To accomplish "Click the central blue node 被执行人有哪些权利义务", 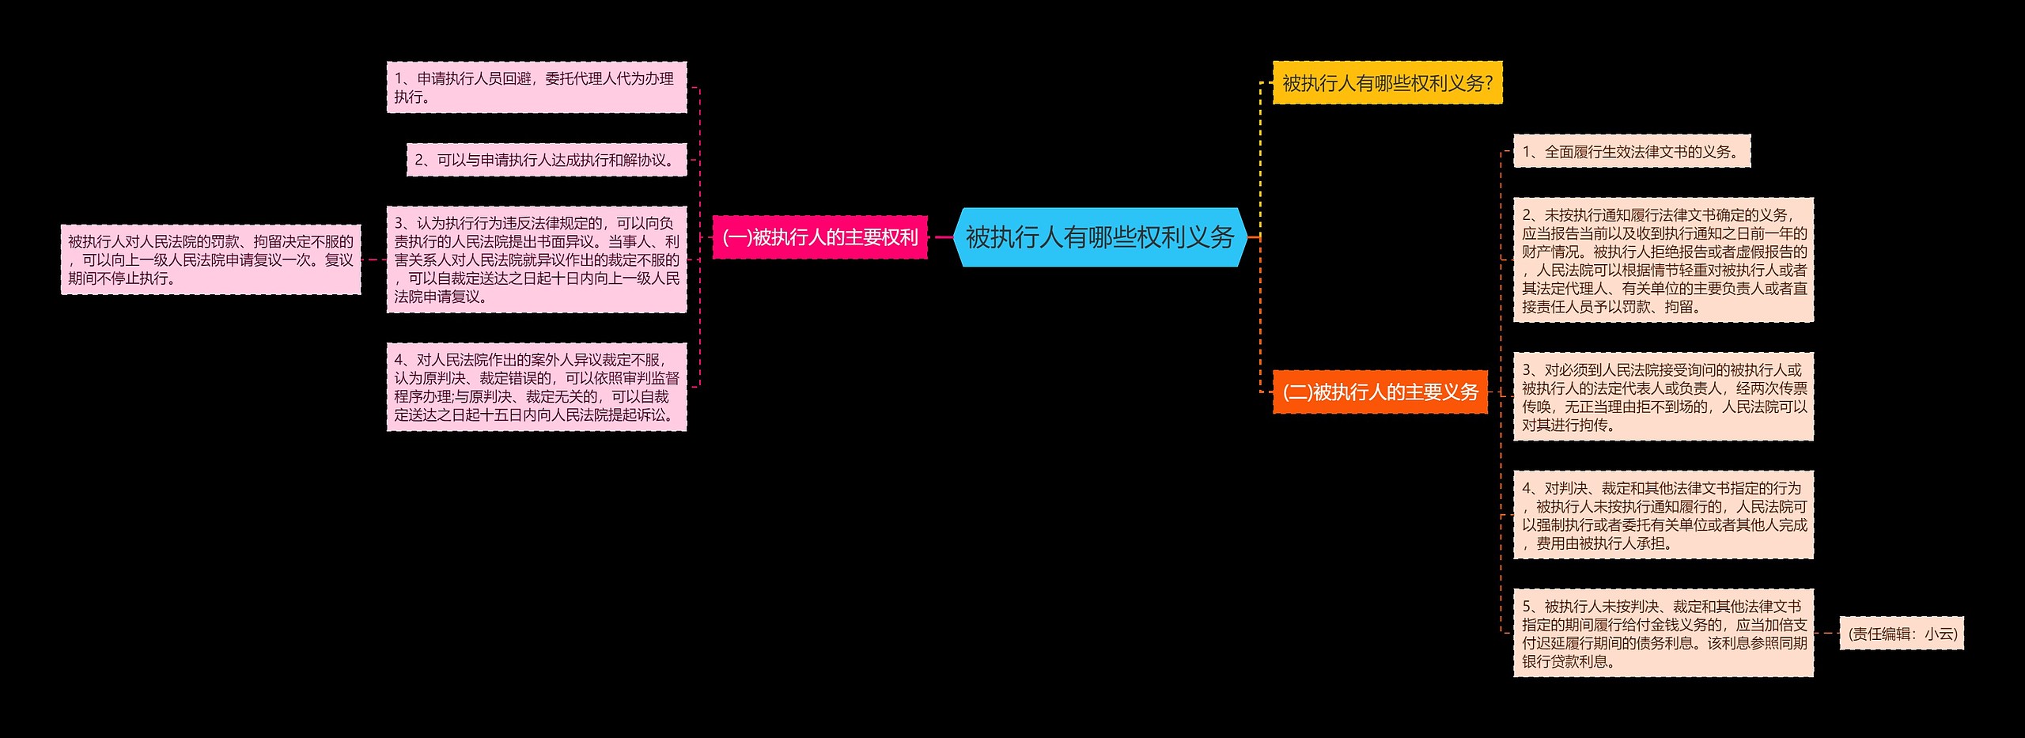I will (x=1100, y=237).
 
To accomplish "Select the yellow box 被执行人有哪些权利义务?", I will (x=1387, y=83).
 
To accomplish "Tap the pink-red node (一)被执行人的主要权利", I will (x=819, y=237).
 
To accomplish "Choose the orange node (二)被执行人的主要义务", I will (x=1380, y=392).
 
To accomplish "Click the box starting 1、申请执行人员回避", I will (x=536, y=88).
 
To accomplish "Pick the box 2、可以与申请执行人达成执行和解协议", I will (x=547, y=161).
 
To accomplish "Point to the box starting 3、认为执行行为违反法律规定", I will (x=536, y=260).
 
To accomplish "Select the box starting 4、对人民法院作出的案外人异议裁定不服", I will (x=536, y=388).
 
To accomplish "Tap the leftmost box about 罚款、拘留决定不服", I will (x=210, y=260).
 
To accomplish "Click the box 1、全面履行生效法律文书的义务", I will (x=1631, y=152).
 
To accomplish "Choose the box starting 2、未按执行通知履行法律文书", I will (x=1663, y=261).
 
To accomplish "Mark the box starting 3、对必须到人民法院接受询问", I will (x=1663, y=397).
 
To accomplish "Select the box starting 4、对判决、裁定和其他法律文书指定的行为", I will (x=1663, y=516).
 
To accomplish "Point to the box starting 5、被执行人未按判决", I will (x=1663, y=634).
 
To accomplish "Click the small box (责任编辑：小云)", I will (x=1902, y=634).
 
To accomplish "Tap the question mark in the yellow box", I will (x=1489, y=83).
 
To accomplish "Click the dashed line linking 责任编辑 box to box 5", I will (x=1826, y=633).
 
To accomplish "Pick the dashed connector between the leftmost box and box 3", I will (x=373, y=259).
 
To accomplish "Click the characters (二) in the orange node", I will (x=1297, y=392).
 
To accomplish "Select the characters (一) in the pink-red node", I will (x=736, y=237).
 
